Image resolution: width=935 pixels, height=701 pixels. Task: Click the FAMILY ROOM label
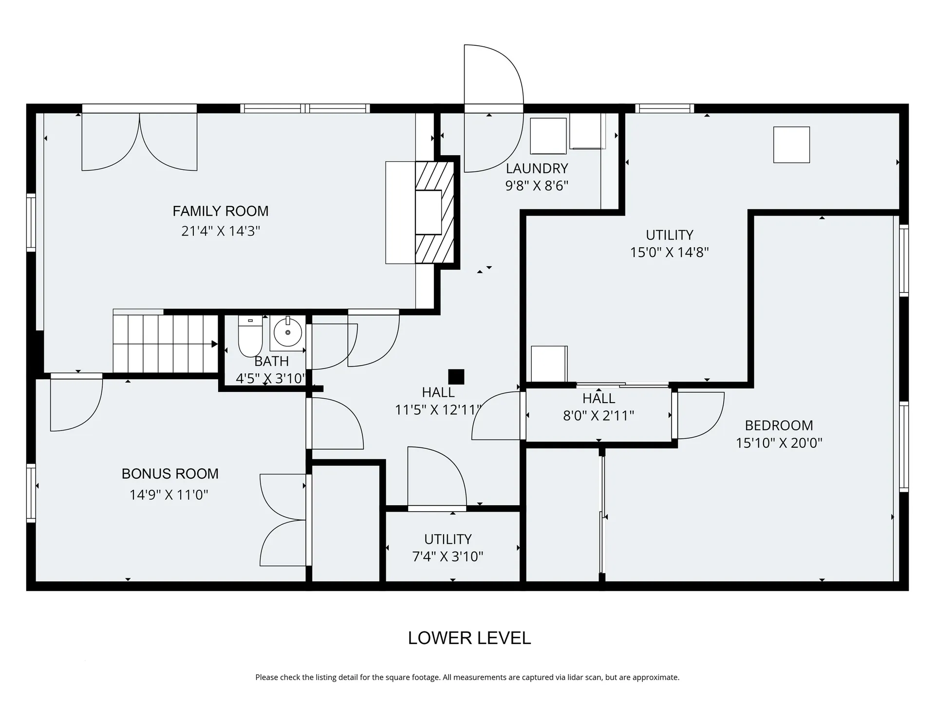(221, 211)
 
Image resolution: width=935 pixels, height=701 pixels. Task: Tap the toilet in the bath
(250, 336)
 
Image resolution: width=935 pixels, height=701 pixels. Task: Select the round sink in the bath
(288, 332)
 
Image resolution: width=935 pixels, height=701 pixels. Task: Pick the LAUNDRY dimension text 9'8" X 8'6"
(537, 186)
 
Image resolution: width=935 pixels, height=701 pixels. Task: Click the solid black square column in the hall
(456, 377)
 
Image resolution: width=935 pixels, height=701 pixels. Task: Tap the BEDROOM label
(779, 425)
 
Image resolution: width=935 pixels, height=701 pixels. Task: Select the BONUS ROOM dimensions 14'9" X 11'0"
(169, 495)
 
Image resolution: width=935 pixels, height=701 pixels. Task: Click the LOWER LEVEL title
(469, 638)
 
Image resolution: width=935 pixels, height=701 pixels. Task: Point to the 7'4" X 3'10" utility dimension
(448, 556)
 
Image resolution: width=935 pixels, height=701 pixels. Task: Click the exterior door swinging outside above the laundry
(494, 74)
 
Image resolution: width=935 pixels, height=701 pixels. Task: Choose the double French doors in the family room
(139, 142)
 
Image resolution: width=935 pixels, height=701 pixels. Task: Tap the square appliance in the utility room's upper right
(792, 145)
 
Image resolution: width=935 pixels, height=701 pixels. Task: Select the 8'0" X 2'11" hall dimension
(599, 416)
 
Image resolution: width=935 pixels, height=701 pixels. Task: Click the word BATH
(272, 361)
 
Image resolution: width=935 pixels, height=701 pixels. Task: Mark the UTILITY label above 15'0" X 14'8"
(670, 235)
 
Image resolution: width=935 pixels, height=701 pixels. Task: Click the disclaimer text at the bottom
(467, 677)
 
